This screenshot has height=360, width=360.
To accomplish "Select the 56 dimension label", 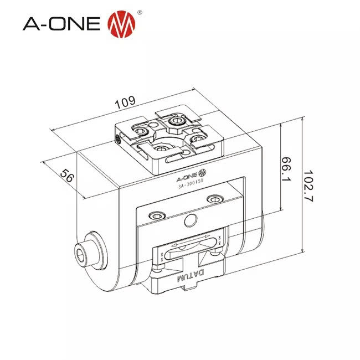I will point(67,176).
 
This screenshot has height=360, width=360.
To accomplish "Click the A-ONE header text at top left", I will point(61,24).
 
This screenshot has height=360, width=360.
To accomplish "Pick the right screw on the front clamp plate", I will point(213,199).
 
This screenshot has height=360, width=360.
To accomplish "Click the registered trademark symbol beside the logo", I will point(138,12).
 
